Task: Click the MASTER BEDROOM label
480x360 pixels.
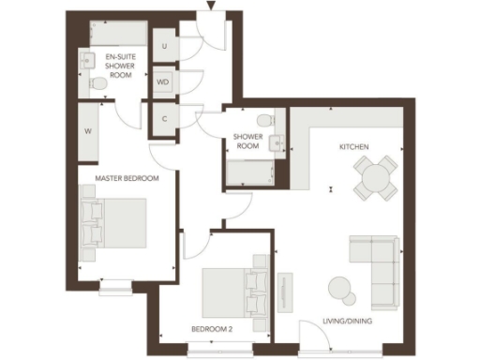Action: click(x=127, y=177)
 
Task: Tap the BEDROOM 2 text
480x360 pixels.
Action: click(x=211, y=329)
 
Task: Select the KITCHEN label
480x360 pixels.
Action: click(x=353, y=147)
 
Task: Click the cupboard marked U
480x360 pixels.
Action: click(x=165, y=46)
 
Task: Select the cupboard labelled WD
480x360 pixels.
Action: click(x=163, y=82)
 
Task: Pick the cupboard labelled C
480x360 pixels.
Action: click(x=164, y=119)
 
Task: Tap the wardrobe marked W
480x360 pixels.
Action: click(x=88, y=131)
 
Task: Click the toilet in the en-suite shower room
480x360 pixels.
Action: click(x=97, y=83)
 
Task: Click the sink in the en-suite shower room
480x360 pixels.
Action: click(x=86, y=62)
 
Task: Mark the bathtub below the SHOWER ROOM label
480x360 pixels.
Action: click(x=248, y=172)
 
